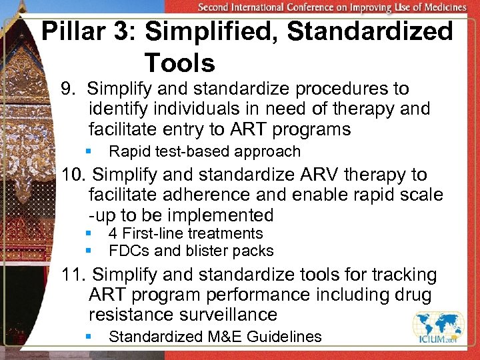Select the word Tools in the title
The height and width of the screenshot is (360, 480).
click(179, 63)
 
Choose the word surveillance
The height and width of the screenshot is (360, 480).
click(226, 314)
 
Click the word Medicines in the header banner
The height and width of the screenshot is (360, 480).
click(442, 7)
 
